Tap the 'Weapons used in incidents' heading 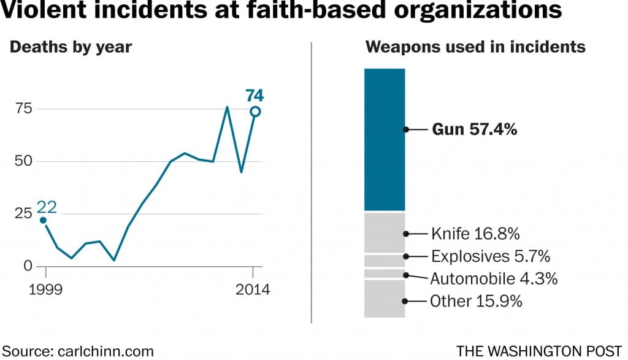475,47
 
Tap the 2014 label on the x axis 253,289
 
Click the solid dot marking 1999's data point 42,220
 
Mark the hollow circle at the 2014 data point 255,111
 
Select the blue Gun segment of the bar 385,139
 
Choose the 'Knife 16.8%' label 475,234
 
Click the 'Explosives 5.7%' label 490,256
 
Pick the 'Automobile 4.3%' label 494,278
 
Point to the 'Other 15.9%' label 475,301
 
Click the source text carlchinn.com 77,351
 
